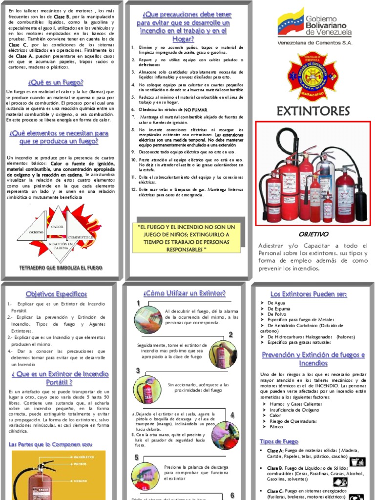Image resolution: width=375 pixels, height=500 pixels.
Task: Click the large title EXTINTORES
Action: coord(313,111)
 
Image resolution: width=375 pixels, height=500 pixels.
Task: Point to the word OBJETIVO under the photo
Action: coord(313,234)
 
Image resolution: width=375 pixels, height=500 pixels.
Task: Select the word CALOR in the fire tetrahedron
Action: coord(58,227)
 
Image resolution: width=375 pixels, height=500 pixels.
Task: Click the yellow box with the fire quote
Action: coord(187,238)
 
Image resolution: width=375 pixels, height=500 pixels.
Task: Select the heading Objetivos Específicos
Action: coord(56,294)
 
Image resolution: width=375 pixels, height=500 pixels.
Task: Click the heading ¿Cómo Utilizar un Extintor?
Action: coord(185,293)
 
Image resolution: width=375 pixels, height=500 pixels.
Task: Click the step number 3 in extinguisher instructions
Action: coord(138,371)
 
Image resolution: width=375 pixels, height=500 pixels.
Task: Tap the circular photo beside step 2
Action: coord(223,354)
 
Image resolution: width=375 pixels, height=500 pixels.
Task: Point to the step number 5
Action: coord(137,457)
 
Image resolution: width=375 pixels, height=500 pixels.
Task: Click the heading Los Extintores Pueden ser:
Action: coord(309,294)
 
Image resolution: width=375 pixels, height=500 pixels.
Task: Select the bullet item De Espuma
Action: coord(279,309)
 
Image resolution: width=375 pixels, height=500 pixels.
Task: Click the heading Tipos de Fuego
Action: coord(279,441)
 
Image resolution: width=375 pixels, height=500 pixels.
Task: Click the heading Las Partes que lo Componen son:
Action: coord(50,444)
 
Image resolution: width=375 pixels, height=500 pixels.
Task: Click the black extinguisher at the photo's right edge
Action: coord(360,195)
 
